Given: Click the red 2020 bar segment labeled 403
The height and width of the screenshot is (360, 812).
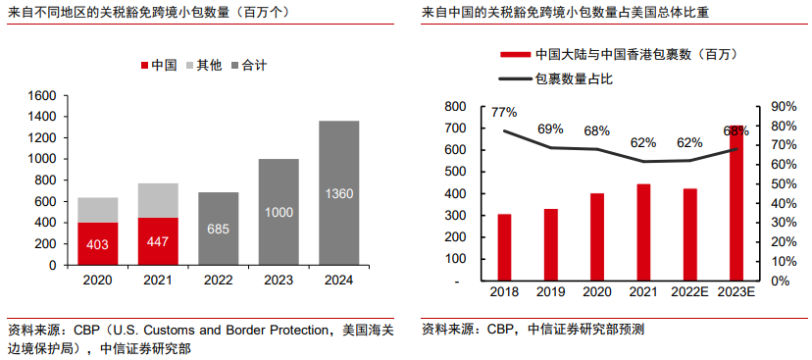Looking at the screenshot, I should point(98,243).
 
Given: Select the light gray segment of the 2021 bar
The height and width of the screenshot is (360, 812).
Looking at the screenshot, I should point(158,200).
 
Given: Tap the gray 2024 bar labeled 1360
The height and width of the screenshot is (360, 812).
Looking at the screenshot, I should point(338,192).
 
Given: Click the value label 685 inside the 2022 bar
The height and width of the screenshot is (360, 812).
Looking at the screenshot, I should point(219,229).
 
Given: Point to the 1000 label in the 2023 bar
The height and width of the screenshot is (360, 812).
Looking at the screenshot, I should point(279,212).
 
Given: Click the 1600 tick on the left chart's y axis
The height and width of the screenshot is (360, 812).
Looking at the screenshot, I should point(43,96).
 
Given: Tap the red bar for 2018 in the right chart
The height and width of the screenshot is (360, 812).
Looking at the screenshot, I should point(504,247).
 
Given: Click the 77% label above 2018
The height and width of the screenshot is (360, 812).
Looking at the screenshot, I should point(504,112).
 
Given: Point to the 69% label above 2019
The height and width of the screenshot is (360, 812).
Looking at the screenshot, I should point(550,129).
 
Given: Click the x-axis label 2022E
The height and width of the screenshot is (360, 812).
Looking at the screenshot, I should point(689,292).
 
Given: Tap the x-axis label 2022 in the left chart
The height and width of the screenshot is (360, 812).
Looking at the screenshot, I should point(219,280).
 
